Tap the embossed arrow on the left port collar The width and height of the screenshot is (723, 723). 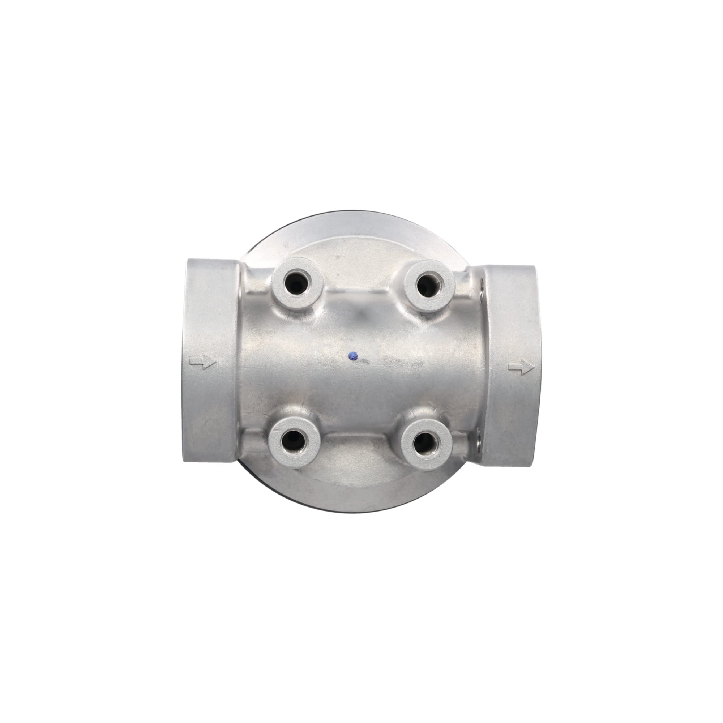click(203, 362)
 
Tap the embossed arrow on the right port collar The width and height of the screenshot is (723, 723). click(521, 367)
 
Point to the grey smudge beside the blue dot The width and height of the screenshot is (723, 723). click(365, 361)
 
